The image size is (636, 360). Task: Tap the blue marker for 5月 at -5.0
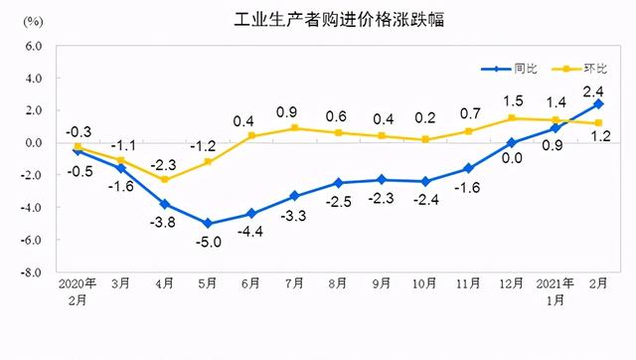point(208,224)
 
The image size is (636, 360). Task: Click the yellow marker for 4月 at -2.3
point(164,180)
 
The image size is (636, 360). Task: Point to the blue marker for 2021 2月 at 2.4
point(599,103)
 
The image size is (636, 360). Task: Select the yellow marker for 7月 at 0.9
point(295,128)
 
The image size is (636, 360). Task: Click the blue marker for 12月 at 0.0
point(512,142)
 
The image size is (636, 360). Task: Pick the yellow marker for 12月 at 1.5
point(512,118)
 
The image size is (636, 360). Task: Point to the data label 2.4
point(599,88)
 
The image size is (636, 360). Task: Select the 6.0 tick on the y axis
point(32,46)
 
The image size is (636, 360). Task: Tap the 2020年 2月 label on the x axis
point(77,291)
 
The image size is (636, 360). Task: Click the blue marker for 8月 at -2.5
point(339,183)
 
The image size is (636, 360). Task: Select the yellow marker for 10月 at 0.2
point(425,139)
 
